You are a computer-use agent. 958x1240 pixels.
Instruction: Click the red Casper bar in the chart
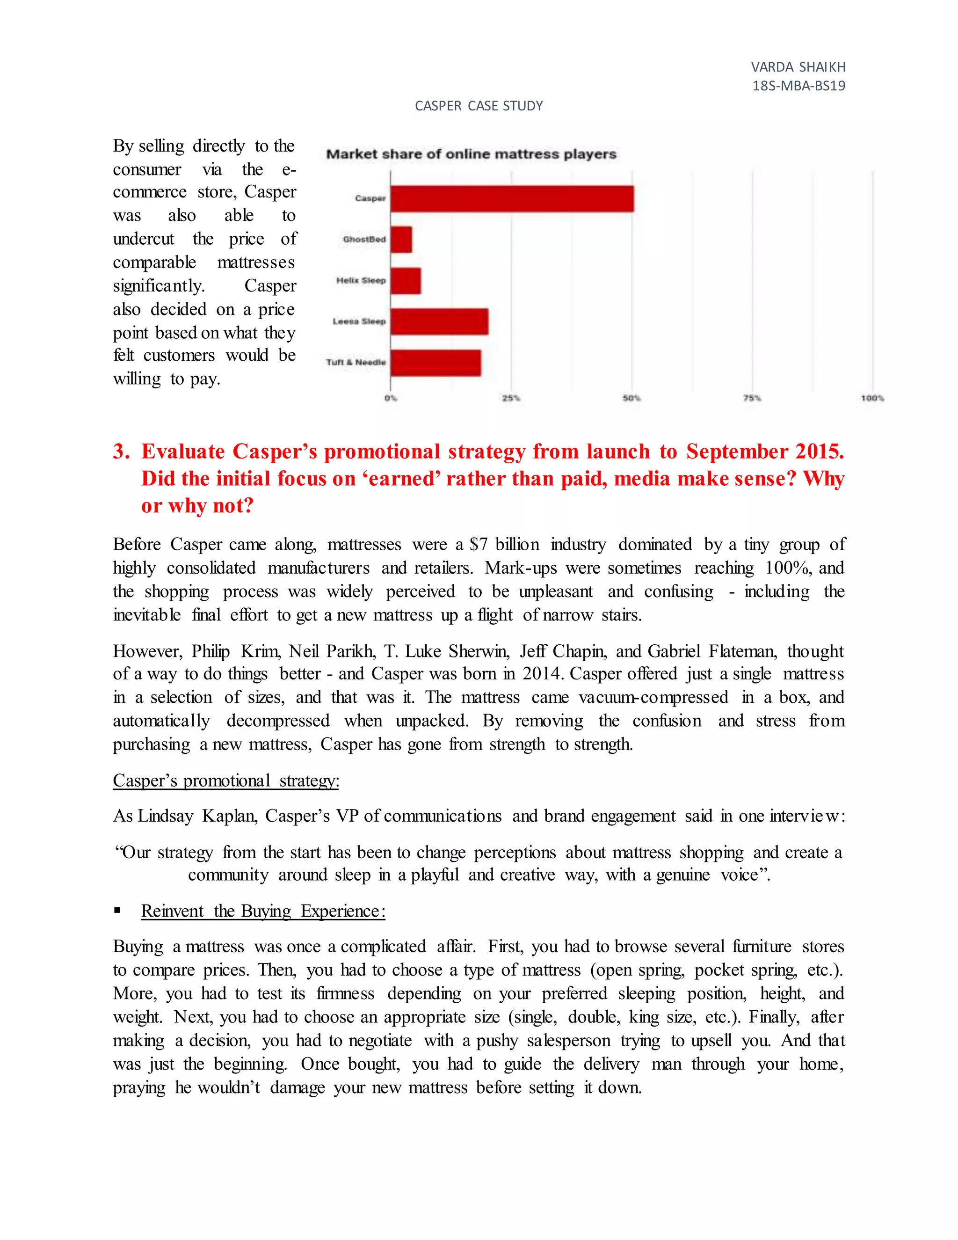click(511, 199)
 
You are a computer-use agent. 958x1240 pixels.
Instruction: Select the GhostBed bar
click(401, 240)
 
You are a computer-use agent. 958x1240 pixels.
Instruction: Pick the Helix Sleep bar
click(405, 281)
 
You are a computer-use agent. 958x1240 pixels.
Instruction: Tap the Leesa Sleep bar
click(439, 322)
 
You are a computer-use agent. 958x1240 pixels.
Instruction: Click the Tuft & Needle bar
click(435, 363)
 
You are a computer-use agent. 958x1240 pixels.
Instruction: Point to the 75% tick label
click(752, 398)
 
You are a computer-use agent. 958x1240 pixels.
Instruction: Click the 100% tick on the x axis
click(872, 398)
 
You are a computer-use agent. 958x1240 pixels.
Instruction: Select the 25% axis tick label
click(511, 398)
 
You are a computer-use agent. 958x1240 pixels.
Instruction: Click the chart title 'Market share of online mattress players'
click(471, 154)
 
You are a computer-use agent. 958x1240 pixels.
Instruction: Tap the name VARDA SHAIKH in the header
click(798, 67)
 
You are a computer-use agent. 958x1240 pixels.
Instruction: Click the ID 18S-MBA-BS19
click(798, 86)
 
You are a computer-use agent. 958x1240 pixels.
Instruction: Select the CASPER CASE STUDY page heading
click(479, 106)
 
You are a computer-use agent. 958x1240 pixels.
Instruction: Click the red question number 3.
click(121, 452)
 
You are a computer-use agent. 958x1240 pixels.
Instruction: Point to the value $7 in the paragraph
click(478, 545)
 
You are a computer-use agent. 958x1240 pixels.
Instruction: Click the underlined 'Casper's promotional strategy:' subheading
click(226, 780)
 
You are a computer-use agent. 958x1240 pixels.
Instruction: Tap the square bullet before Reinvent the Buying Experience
click(117, 910)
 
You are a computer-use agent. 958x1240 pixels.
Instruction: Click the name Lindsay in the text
click(165, 816)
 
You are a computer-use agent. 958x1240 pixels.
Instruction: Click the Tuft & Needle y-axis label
click(356, 362)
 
